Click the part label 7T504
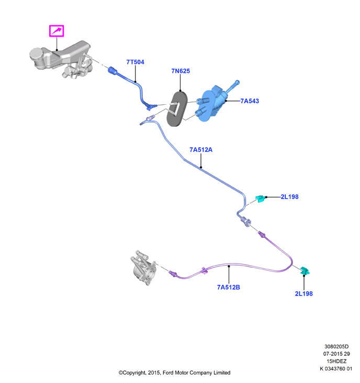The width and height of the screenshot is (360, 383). click(x=135, y=62)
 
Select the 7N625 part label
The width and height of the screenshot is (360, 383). click(x=181, y=71)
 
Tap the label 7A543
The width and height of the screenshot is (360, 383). click(x=250, y=101)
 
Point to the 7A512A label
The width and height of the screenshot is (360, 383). click(x=201, y=150)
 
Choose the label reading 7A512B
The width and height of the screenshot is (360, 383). click(x=229, y=287)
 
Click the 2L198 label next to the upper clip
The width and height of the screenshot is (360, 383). click(x=289, y=196)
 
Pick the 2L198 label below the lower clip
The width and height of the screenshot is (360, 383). click(x=303, y=293)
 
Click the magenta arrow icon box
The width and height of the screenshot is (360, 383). click(x=57, y=31)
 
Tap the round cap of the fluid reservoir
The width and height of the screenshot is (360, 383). click(x=36, y=54)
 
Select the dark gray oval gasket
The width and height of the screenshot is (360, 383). click(x=177, y=108)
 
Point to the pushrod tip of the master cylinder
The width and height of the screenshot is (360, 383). click(x=237, y=82)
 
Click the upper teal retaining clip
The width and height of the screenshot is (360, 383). click(x=261, y=199)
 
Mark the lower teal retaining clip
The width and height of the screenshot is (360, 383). click(x=305, y=271)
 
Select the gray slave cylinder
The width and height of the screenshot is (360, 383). click(x=143, y=268)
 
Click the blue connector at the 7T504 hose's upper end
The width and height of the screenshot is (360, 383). click(x=113, y=71)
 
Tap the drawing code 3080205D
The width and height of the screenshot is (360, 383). click(x=336, y=346)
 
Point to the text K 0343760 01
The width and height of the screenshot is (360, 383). click(x=336, y=368)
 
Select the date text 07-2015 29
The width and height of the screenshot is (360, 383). click(x=336, y=354)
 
